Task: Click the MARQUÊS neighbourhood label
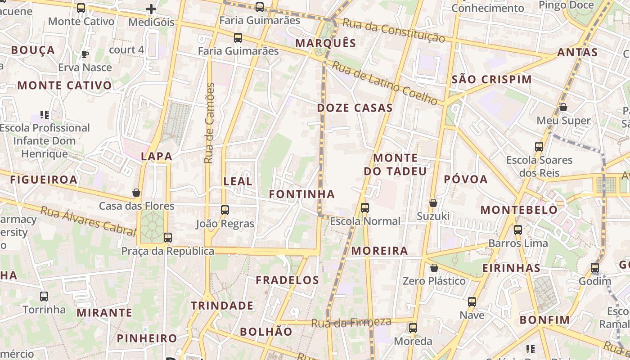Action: [326, 43]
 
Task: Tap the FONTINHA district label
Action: [302, 194]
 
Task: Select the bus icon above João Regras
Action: [225, 210]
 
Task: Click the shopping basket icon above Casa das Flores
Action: [136, 193]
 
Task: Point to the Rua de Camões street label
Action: [209, 123]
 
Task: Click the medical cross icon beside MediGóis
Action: [151, 9]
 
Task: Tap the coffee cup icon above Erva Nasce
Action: [85, 54]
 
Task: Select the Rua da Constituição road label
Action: [394, 30]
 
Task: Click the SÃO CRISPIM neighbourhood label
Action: [491, 80]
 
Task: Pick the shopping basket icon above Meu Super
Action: [563, 107]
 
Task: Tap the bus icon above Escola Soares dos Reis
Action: [539, 146]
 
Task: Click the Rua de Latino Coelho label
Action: [384, 84]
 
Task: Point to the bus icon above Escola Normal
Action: [365, 207]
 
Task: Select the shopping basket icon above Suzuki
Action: [433, 203]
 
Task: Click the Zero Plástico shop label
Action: [434, 281]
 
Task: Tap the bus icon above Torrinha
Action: [44, 297]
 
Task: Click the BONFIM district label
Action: [544, 320]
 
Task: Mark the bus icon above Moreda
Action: [413, 328]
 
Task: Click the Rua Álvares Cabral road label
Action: [88, 221]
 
